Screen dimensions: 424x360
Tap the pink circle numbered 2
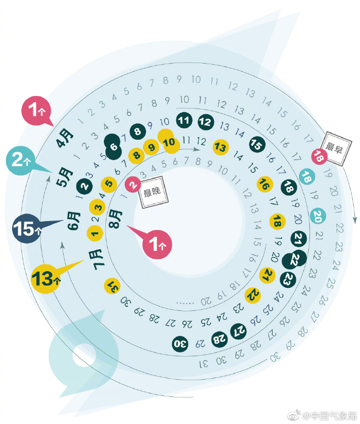click(133, 184)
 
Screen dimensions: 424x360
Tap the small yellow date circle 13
click(220, 147)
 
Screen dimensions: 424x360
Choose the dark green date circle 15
click(256, 143)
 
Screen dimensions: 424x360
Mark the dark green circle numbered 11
click(183, 120)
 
